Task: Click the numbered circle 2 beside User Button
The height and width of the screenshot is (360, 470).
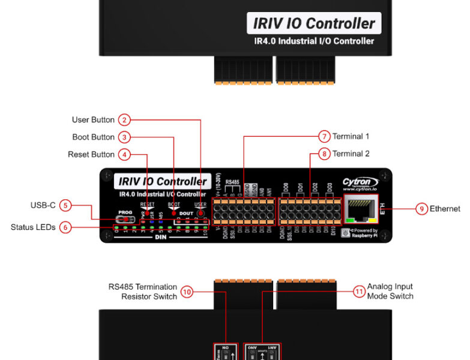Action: [124, 119]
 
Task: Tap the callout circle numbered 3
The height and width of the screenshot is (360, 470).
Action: [124, 137]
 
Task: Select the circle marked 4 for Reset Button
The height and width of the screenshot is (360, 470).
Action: [124, 154]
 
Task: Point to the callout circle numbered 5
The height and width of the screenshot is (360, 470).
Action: [65, 205]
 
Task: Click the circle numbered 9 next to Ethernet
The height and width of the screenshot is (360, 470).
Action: [421, 209]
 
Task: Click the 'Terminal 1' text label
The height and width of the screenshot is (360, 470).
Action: [351, 136]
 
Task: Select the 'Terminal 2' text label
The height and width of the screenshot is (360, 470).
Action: [351, 154]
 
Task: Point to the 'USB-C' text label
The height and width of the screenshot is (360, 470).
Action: [43, 205]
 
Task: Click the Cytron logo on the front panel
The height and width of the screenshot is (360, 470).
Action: [360, 183]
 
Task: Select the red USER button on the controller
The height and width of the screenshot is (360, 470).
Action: [201, 212]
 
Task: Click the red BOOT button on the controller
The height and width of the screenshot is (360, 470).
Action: [174, 212]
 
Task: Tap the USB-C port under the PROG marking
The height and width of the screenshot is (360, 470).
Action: [125, 220]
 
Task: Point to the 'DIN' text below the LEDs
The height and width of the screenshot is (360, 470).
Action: [160, 237]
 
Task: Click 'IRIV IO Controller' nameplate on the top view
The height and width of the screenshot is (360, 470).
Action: [314, 23]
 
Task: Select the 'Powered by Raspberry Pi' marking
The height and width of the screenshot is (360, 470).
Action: [362, 233]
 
